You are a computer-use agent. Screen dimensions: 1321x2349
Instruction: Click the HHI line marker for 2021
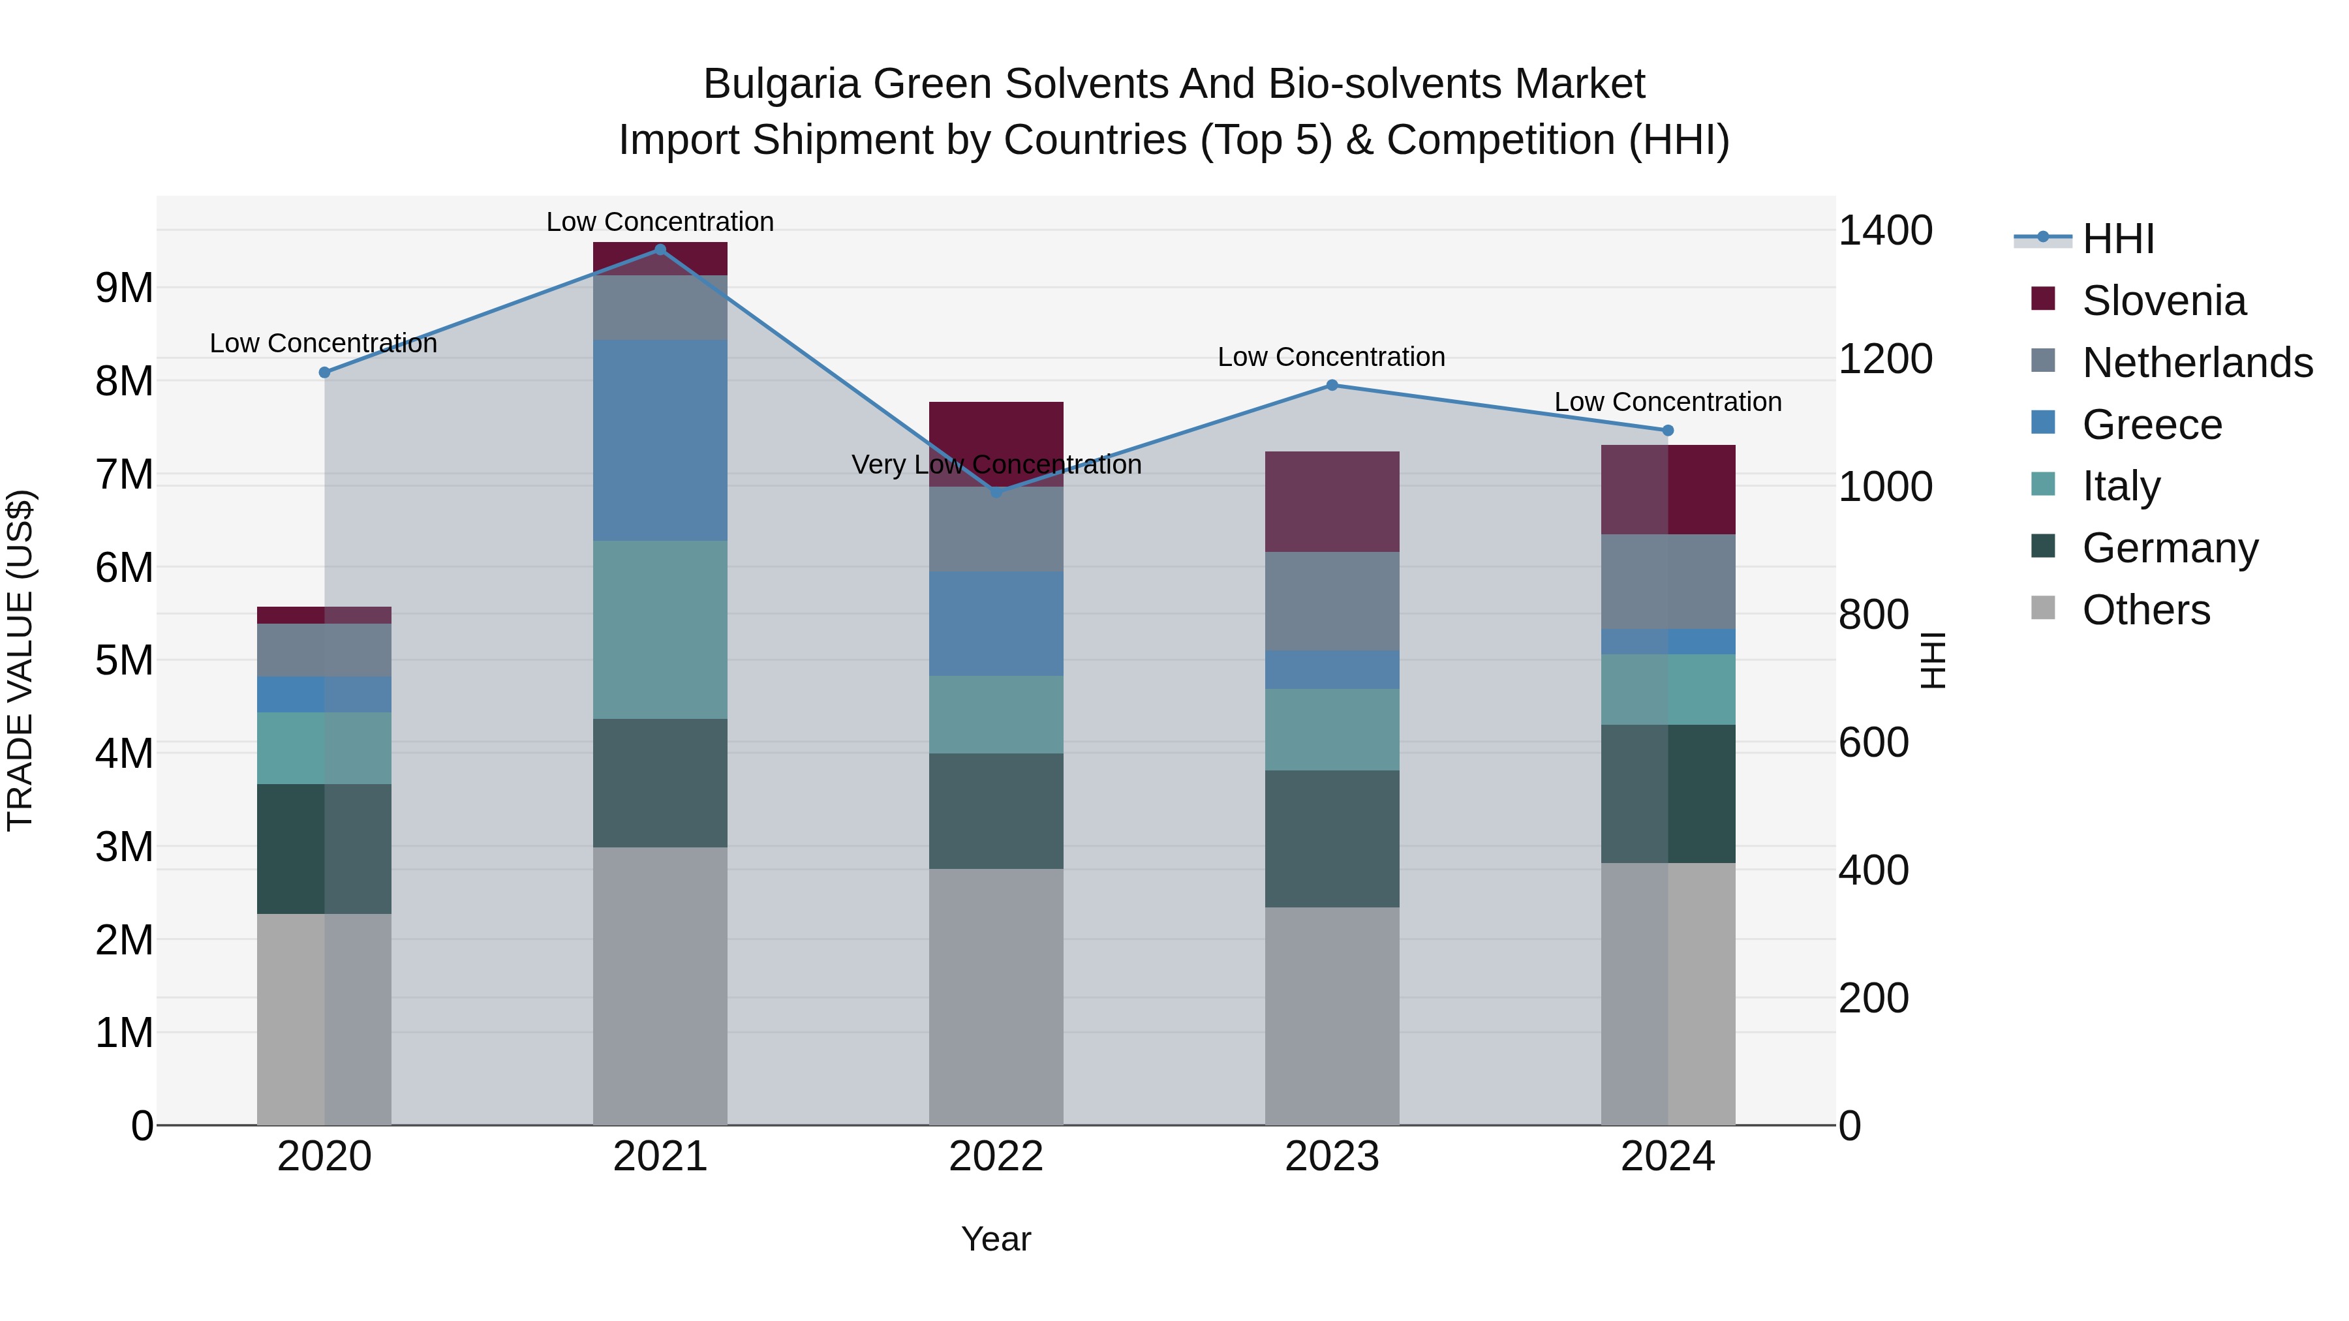click(x=660, y=250)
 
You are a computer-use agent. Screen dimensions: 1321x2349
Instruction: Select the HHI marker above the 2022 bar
click(x=996, y=493)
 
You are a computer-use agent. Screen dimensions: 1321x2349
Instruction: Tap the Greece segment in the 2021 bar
click(x=660, y=440)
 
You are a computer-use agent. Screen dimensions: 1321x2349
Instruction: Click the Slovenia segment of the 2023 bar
click(x=1331, y=502)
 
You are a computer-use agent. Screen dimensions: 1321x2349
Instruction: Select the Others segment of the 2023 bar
click(x=1331, y=1016)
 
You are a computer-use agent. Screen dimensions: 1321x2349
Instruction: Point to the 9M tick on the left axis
click(x=124, y=288)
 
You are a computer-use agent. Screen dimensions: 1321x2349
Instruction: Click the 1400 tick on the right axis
click(x=1884, y=231)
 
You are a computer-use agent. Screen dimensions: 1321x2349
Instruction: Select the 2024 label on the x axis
click(x=1667, y=1157)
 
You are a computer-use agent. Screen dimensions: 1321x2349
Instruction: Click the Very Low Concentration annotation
click(x=996, y=465)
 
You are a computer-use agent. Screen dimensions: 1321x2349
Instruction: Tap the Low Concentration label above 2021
click(x=660, y=222)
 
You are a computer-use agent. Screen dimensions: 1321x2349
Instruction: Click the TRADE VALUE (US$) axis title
click(x=20, y=660)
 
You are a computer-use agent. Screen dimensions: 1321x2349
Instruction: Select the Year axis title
click(x=996, y=1239)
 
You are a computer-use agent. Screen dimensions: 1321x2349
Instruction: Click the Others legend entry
click(x=2145, y=610)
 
